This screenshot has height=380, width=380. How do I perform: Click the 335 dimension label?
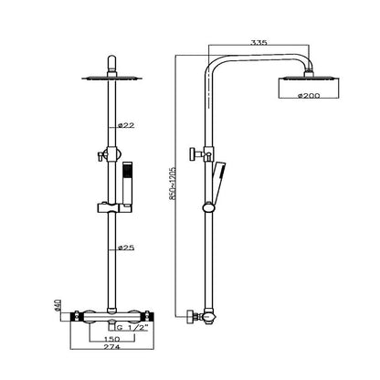coord(259,42)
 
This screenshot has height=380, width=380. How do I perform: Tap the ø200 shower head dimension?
coord(309,95)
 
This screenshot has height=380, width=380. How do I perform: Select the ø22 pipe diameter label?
coord(126,125)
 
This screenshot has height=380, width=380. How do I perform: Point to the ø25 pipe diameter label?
coord(126,248)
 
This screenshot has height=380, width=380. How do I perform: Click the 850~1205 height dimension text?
coord(173,183)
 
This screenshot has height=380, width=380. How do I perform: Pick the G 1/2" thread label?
coord(132,328)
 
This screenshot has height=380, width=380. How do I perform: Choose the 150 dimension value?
coord(111,339)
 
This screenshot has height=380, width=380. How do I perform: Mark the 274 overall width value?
coord(111,347)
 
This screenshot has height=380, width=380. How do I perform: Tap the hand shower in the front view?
coord(127,185)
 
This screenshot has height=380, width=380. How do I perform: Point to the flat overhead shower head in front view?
coord(111,78)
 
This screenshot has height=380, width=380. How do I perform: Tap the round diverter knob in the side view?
coord(193,153)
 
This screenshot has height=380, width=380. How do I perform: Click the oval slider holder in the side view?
coord(208,207)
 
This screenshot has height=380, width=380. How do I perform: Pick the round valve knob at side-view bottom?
coord(190,316)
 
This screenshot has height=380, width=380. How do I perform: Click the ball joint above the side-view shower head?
coord(309,72)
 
